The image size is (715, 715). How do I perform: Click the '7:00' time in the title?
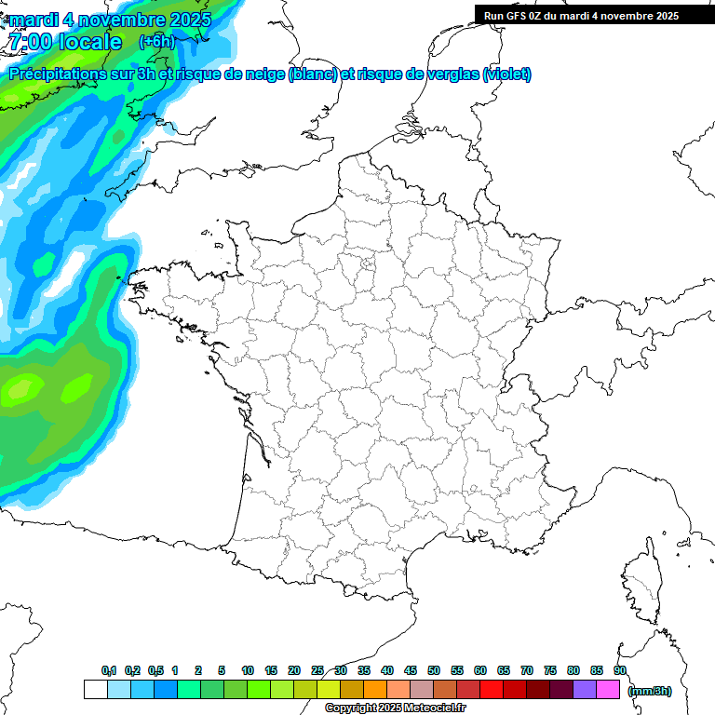[30, 42]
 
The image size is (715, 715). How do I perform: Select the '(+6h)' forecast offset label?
[156, 41]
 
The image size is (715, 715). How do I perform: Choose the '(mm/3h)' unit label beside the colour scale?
[650, 690]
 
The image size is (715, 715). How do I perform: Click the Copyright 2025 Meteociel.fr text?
[395, 708]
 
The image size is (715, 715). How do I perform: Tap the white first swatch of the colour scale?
[95, 689]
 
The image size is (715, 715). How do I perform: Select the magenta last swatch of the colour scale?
[608, 689]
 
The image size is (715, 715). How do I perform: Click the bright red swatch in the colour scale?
[492, 689]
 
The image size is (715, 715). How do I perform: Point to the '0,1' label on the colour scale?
[109, 670]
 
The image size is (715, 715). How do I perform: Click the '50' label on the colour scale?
[434, 670]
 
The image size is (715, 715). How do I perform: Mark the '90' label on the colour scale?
[620, 670]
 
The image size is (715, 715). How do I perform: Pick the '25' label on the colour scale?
[317, 670]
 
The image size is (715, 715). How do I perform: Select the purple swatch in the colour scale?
[585, 689]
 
